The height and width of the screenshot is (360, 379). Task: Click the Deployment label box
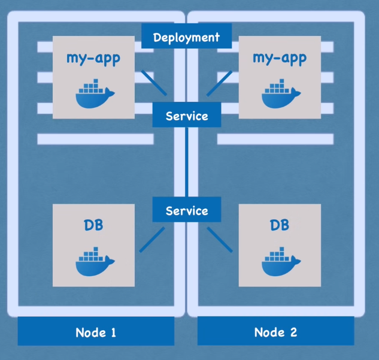(186, 37)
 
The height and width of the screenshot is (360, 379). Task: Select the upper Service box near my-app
(187, 116)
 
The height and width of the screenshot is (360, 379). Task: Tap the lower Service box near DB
(187, 210)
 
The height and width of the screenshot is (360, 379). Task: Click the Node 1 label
(96, 332)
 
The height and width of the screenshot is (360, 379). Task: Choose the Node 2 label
(275, 332)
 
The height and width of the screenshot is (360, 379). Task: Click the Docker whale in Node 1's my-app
(94, 95)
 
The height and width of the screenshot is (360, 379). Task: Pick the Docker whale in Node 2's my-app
(280, 95)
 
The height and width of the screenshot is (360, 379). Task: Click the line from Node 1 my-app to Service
(154, 83)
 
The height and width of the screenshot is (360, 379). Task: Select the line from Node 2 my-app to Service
(219, 83)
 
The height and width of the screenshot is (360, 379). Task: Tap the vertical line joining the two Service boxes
(187, 162)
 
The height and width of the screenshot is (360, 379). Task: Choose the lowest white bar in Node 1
(96, 139)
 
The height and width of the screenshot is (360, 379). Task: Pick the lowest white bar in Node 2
(275, 139)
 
